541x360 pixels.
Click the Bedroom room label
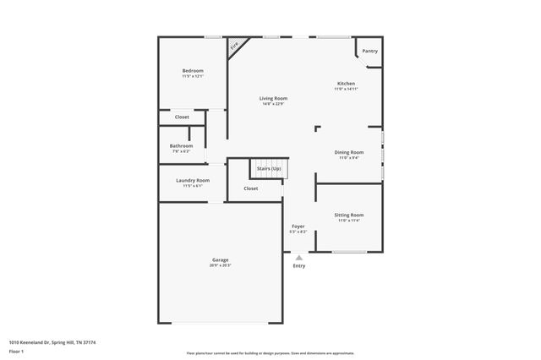click(x=193, y=70)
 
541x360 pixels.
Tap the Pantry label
click(x=370, y=51)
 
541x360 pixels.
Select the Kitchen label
click(x=347, y=84)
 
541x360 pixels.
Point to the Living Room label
click(x=273, y=99)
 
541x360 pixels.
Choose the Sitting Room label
click(x=349, y=215)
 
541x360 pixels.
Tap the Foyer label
click(x=298, y=226)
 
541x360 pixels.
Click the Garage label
click(x=220, y=259)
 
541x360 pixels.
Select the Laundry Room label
click(x=193, y=180)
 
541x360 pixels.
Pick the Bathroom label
click(x=182, y=145)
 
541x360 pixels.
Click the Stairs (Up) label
click(x=270, y=168)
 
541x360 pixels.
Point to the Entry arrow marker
click(x=298, y=257)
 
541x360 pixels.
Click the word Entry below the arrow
click(x=299, y=266)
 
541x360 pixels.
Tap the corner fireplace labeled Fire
click(x=236, y=46)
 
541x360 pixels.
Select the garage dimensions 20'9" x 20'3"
click(x=220, y=265)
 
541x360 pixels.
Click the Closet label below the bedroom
click(x=182, y=117)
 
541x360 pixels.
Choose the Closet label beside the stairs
click(x=251, y=188)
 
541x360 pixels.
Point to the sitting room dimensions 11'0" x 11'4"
click(x=349, y=221)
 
